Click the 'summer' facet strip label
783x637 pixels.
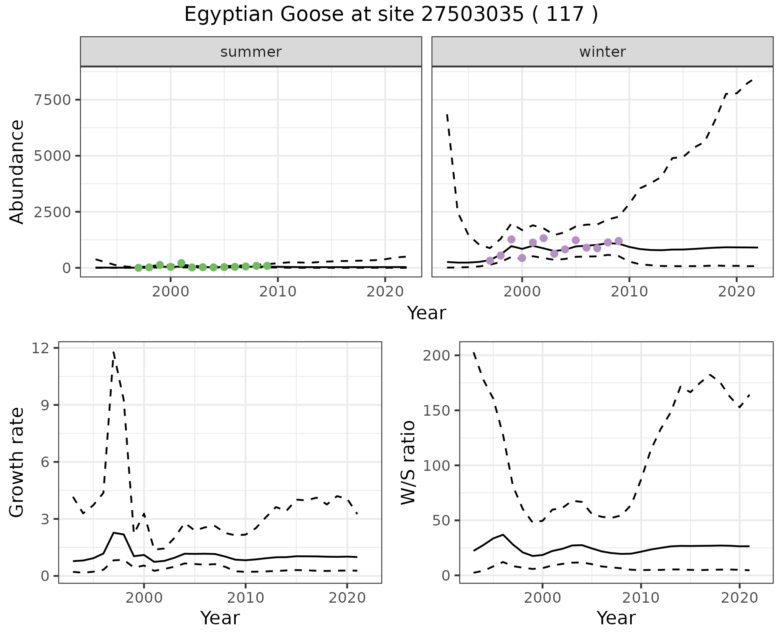251,52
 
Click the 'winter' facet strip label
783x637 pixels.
602,52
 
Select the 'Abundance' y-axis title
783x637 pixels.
17,171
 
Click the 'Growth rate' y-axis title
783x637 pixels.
17,463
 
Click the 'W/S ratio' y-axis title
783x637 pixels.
408,463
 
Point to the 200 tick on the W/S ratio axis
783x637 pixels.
436,355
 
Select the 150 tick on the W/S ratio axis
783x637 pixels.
436,410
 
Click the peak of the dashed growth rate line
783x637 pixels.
114,351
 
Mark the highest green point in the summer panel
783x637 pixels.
181,263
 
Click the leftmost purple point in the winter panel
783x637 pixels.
490,261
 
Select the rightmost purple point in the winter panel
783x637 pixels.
619,241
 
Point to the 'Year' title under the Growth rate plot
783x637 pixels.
220,618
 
